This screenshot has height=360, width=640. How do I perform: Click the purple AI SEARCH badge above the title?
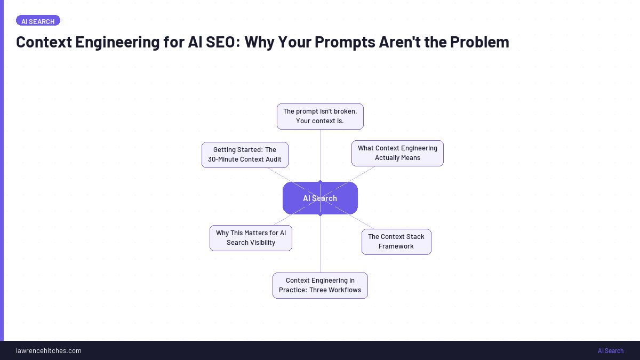(x=38, y=21)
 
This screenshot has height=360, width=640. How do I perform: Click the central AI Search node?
(x=320, y=198)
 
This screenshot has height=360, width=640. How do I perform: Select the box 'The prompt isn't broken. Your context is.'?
(x=320, y=116)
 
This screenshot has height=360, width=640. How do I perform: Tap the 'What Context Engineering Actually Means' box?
(x=397, y=153)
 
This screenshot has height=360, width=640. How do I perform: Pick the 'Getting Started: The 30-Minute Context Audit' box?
(x=245, y=155)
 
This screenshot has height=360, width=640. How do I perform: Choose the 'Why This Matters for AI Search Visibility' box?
(x=251, y=238)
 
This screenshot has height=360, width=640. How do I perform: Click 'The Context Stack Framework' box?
(x=396, y=242)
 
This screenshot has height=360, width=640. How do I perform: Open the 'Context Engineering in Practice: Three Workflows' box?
(x=320, y=285)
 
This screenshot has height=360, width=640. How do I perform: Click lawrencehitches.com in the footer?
(x=49, y=350)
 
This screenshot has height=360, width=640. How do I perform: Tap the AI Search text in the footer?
(x=610, y=350)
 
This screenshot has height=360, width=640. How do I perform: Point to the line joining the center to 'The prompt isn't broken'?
(x=320, y=155)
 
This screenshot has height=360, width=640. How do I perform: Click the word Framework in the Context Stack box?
(x=396, y=246)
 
